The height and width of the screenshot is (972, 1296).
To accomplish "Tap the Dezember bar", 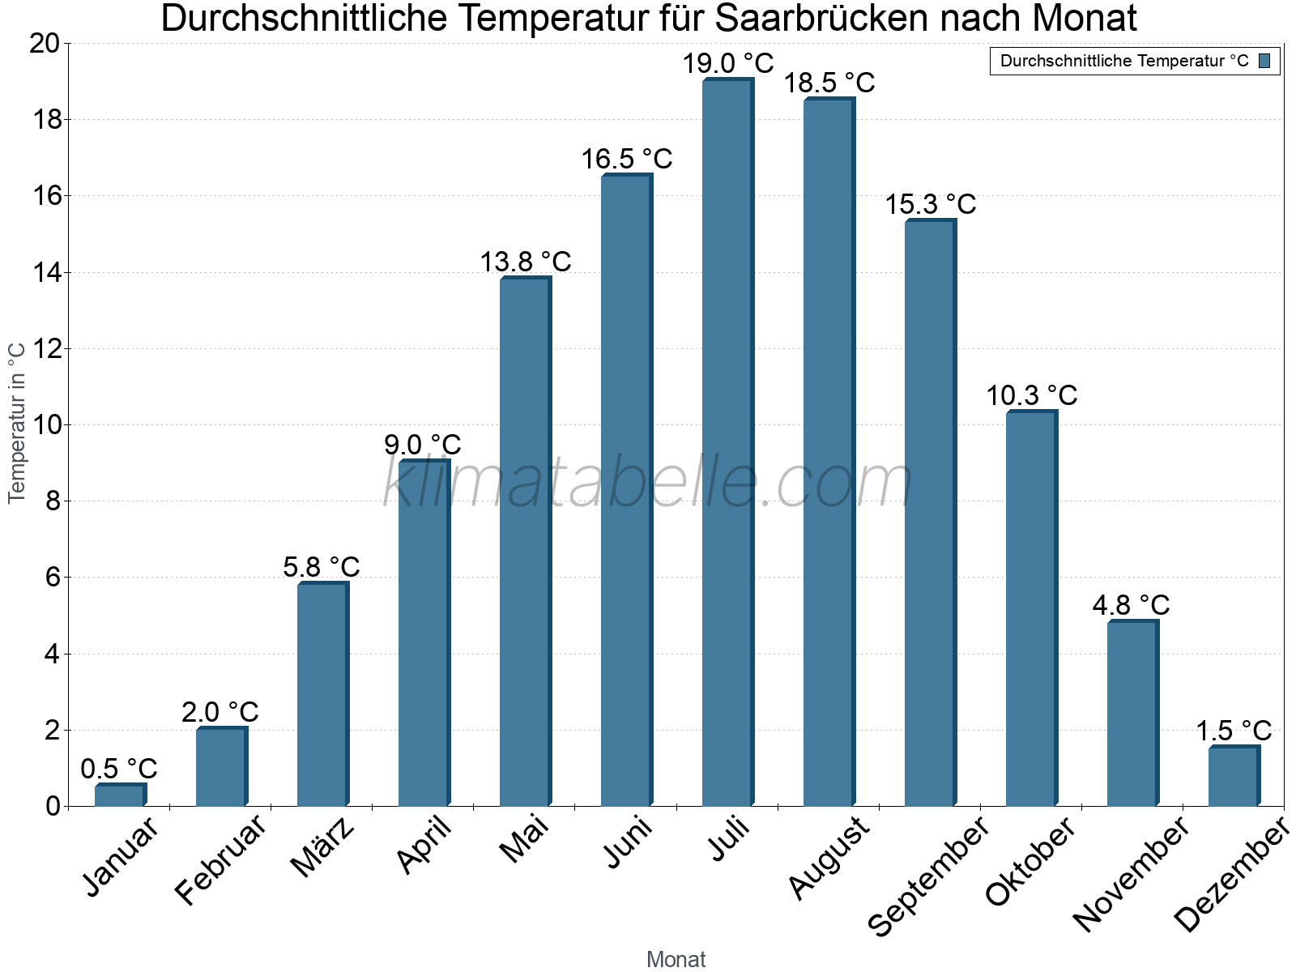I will pyautogui.click(x=1234, y=776).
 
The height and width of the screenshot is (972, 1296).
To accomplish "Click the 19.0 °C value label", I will pyautogui.click(x=727, y=63).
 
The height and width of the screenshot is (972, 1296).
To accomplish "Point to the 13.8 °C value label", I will pyautogui.click(x=525, y=262).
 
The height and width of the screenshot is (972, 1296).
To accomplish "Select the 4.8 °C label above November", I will pyautogui.click(x=1131, y=605).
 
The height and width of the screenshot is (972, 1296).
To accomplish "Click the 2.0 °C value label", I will pyautogui.click(x=220, y=712).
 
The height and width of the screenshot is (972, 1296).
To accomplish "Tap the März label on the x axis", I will pyautogui.click(x=322, y=847).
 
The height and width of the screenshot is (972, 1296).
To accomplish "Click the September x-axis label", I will pyautogui.click(x=928, y=876).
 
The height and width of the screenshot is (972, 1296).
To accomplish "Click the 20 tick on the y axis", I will pyautogui.click(x=45, y=44).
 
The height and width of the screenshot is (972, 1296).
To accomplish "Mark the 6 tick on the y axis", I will pyautogui.click(x=53, y=578).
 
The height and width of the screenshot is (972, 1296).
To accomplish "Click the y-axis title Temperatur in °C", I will pyautogui.click(x=17, y=423).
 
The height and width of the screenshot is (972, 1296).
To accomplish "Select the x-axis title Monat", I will pyautogui.click(x=676, y=959).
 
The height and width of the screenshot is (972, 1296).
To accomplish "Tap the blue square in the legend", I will pyautogui.click(x=1264, y=61).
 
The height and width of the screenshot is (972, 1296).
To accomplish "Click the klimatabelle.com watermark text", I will pyautogui.click(x=648, y=483).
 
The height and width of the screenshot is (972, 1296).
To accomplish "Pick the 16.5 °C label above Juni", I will pyautogui.click(x=626, y=159).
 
